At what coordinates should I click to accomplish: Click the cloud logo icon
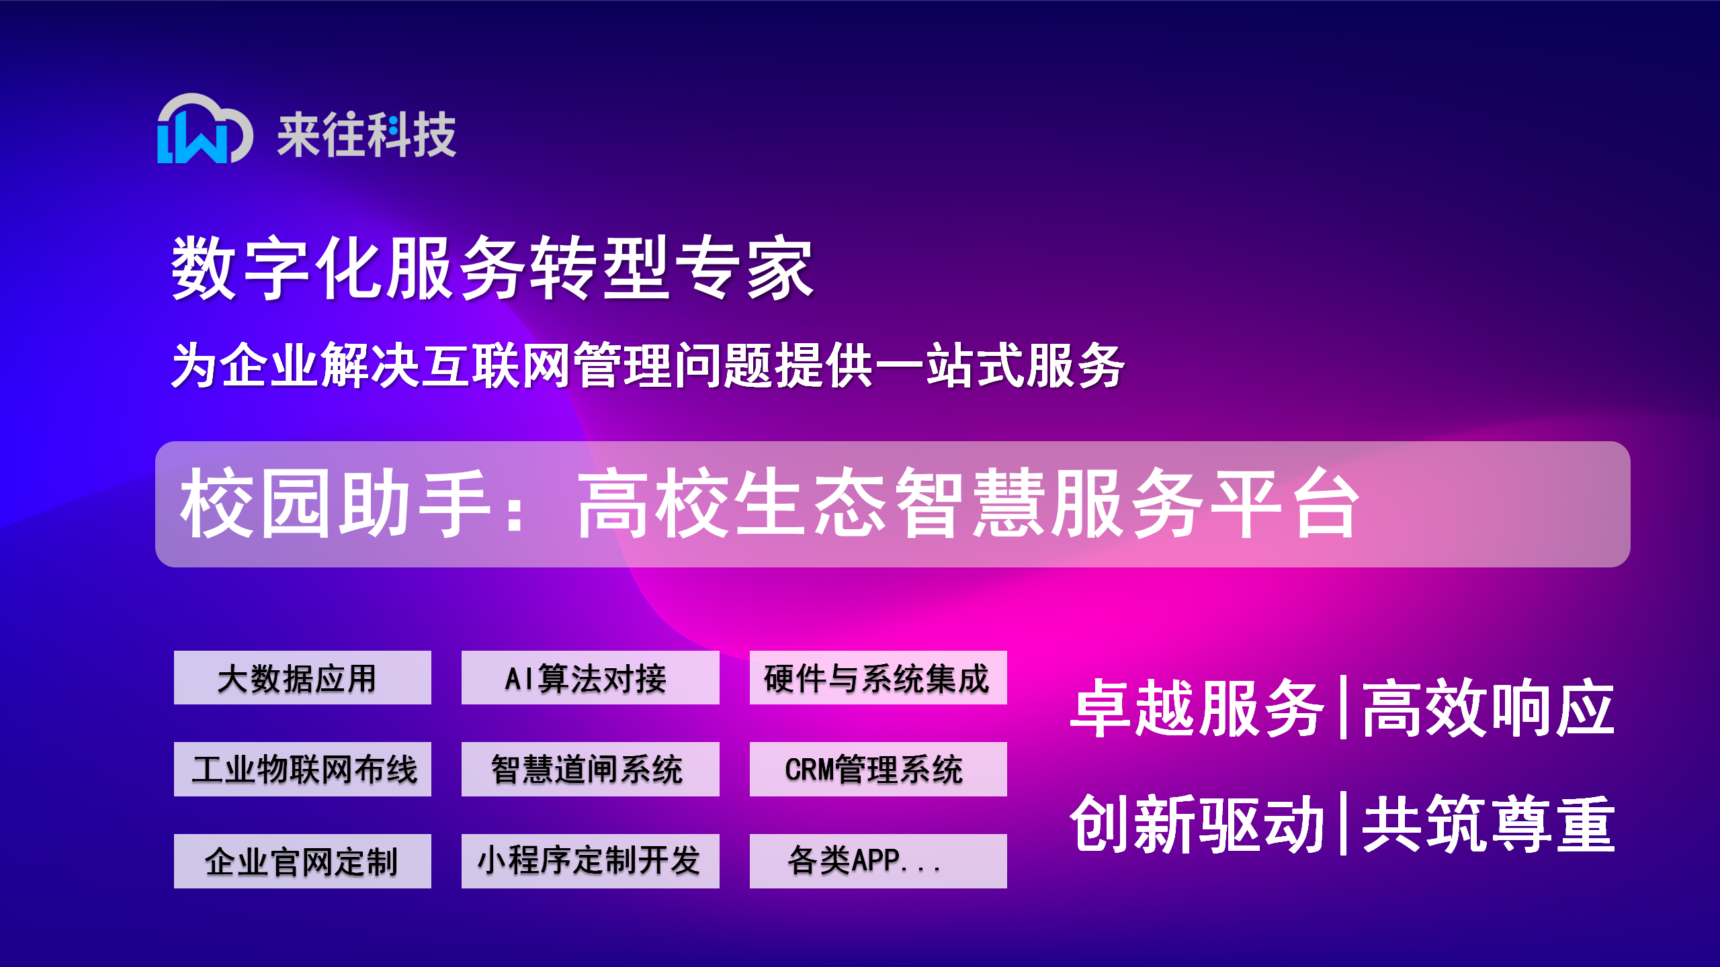coord(204,129)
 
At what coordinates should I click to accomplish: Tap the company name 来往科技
coord(367,135)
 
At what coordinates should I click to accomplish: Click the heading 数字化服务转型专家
coord(492,268)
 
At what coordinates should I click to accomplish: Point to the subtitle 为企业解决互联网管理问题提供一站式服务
coord(648,365)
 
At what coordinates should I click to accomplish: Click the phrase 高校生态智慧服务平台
coord(967,504)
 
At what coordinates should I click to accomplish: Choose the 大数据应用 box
coord(302,678)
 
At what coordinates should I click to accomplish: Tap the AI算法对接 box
coord(590,678)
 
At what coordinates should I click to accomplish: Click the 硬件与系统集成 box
coord(878,678)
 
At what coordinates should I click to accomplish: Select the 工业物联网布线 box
coord(302,769)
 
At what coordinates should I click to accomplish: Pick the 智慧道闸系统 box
coord(590,769)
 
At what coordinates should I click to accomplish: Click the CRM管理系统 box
coord(878,769)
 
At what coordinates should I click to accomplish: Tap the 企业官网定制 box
coord(302,861)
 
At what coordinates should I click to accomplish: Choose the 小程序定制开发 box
coord(590,861)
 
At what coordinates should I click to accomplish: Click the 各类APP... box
coord(878,861)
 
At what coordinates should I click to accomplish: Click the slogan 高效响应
coord(1488,708)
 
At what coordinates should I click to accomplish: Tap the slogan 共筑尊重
coord(1488,824)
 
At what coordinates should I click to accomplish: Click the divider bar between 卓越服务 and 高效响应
coord(1342,708)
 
